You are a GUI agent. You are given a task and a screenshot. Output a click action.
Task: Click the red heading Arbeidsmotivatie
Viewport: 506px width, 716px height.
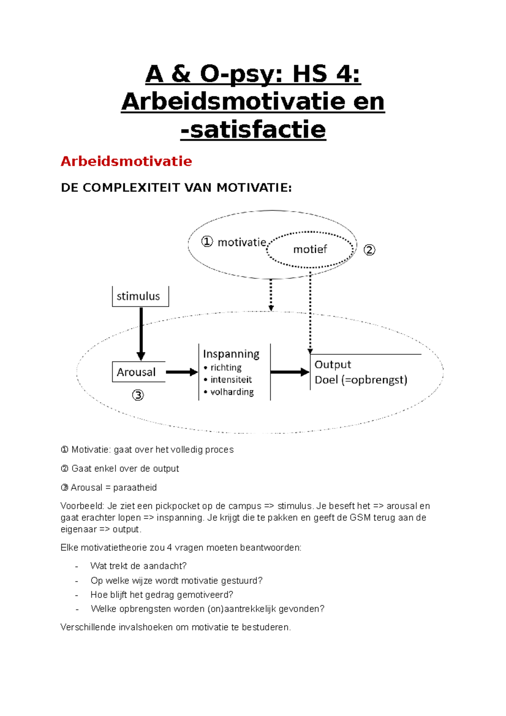pyautogui.click(x=126, y=161)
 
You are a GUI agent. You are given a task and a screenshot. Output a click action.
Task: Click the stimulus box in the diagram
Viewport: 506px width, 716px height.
pyautogui.click(x=140, y=296)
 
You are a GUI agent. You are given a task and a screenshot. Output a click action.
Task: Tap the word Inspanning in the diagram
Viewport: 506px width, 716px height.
pyautogui.click(x=231, y=354)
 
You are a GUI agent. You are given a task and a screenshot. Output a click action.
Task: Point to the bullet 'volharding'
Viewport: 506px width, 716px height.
pyautogui.click(x=232, y=392)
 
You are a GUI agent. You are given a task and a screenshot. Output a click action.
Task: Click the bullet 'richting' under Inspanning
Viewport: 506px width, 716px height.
pyautogui.click(x=226, y=368)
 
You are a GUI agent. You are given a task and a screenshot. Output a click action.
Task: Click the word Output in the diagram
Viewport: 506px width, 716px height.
pyautogui.click(x=333, y=364)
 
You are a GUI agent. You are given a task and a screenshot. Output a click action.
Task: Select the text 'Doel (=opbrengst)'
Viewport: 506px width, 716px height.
pyautogui.click(x=361, y=380)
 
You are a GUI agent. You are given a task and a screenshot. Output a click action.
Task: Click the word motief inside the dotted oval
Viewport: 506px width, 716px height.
pyautogui.click(x=310, y=249)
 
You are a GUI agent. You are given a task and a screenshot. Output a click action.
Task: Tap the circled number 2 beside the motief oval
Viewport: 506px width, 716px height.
pyautogui.click(x=369, y=250)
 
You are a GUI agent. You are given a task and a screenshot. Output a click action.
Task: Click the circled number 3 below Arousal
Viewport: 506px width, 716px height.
pyautogui.click(x=138, y=395)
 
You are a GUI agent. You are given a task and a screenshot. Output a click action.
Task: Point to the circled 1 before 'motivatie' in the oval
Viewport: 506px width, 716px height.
pyautogui.click(x=207, y=242)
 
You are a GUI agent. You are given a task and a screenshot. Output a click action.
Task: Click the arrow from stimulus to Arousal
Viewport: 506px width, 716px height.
pyautogui.click(x=141, y=333)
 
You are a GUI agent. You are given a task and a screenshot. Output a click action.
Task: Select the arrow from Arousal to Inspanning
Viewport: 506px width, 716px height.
pyautogui.click(x=181, y=372)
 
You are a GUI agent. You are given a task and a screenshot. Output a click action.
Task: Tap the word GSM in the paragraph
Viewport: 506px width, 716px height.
pyautogui.click(x=359, y=517)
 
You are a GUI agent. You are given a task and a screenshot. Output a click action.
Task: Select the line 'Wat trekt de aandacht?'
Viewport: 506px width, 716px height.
pyautogui.click(x=138, y=566)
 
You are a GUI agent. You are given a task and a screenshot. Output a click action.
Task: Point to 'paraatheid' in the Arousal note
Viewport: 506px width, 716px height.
pyautogui.click(x=135, y=487)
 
